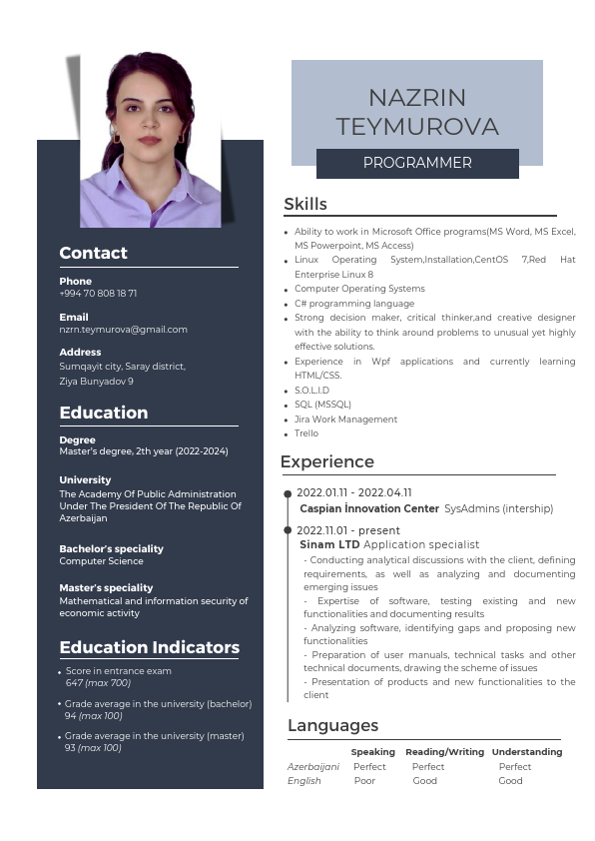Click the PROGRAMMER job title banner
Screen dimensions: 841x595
(417, 163)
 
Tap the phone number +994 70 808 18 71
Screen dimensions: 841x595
(98, 294)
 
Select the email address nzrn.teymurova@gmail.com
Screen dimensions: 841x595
(123, 330)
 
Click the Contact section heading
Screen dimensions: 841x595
(93, 253)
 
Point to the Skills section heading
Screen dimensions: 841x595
(305, 205)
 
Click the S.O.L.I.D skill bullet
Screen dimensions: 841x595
(311, 391)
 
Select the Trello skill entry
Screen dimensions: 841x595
(306, 433)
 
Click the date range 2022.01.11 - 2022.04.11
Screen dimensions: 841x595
(354, 492)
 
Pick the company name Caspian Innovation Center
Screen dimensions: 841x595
(369, 508)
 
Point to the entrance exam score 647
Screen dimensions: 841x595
(74, 683)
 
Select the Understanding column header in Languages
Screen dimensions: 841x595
(527, 751)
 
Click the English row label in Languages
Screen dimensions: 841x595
(304, 781)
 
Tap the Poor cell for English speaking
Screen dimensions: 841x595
(364, 781)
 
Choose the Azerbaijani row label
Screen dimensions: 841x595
(313, 766)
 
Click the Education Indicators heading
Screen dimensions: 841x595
(150, 647)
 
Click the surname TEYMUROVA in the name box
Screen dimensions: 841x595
(417, 127)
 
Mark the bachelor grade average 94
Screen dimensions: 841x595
(71, 716)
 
